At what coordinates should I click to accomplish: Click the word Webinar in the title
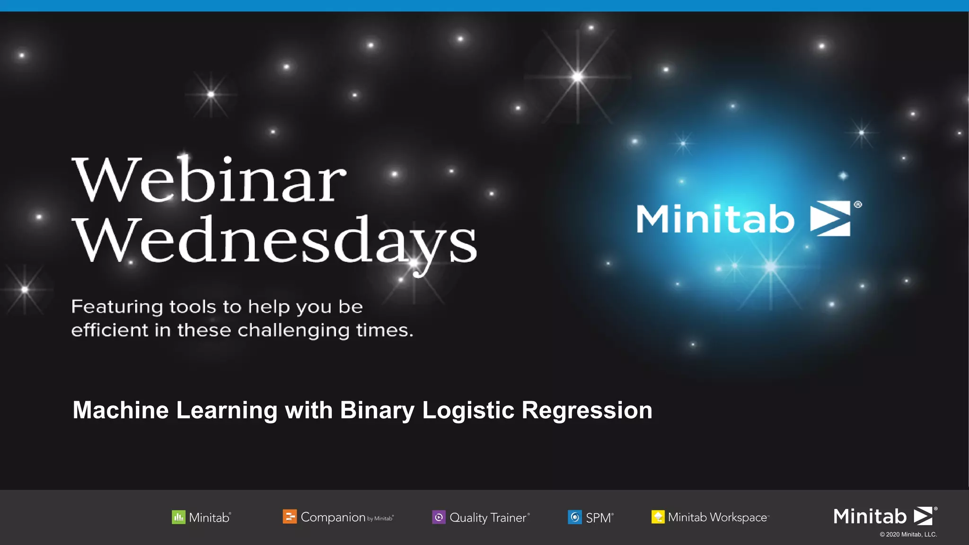point(209,180)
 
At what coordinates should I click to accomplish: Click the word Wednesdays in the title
point(274,241)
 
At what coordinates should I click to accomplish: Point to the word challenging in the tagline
point(293,331)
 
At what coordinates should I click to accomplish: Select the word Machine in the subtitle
point(121,410)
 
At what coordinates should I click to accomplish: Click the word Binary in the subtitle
point(377,410)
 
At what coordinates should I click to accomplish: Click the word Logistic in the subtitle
point(468,410)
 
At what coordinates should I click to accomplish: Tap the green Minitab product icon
point(178,517)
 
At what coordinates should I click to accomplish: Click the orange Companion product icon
point(290,517)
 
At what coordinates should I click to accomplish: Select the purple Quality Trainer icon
point(439,517)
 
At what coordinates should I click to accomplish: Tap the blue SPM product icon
point(574,517)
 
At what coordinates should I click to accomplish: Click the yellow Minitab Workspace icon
point(658,517)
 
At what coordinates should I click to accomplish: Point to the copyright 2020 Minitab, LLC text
point(908,535)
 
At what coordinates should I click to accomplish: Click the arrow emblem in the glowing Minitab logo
point(830,219)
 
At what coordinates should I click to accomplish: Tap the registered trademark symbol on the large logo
point(858,204)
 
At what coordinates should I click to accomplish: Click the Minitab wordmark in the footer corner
point(870,516)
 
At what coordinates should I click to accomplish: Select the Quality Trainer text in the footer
point(488,518)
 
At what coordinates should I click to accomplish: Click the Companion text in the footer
point(333,517)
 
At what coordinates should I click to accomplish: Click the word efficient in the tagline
point(109,330)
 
